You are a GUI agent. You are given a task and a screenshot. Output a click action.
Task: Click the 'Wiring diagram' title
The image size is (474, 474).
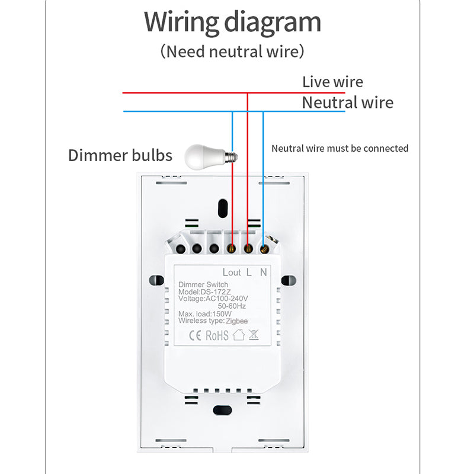232,23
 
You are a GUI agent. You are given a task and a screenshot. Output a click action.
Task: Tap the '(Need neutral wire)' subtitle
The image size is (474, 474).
232,51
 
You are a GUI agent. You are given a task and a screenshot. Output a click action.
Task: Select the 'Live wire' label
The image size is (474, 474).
332,82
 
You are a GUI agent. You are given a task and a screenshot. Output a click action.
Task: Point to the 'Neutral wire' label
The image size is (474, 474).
347,103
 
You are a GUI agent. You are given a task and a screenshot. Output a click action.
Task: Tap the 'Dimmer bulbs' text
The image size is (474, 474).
120,156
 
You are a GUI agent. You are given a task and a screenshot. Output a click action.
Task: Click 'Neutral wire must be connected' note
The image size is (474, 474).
340,148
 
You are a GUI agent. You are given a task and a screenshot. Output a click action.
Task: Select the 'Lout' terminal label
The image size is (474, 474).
231,272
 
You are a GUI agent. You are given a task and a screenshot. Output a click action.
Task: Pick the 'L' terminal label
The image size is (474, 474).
248,272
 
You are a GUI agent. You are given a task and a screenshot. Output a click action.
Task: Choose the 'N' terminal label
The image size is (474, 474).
264,272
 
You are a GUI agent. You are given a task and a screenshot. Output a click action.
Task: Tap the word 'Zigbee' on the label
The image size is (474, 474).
236,321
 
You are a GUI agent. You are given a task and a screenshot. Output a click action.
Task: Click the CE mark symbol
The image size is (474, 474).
195,335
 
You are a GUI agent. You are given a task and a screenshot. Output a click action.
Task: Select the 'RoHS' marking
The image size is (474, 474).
217,335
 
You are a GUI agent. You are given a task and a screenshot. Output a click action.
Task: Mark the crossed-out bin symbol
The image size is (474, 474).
253,335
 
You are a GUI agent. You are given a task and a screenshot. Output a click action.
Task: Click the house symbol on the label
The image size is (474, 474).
238,335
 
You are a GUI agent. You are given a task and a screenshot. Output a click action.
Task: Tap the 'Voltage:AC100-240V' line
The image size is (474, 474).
213,299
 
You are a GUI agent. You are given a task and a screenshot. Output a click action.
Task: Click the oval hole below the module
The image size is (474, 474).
223,409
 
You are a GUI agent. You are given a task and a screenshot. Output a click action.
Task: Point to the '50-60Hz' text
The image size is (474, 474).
233,306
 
